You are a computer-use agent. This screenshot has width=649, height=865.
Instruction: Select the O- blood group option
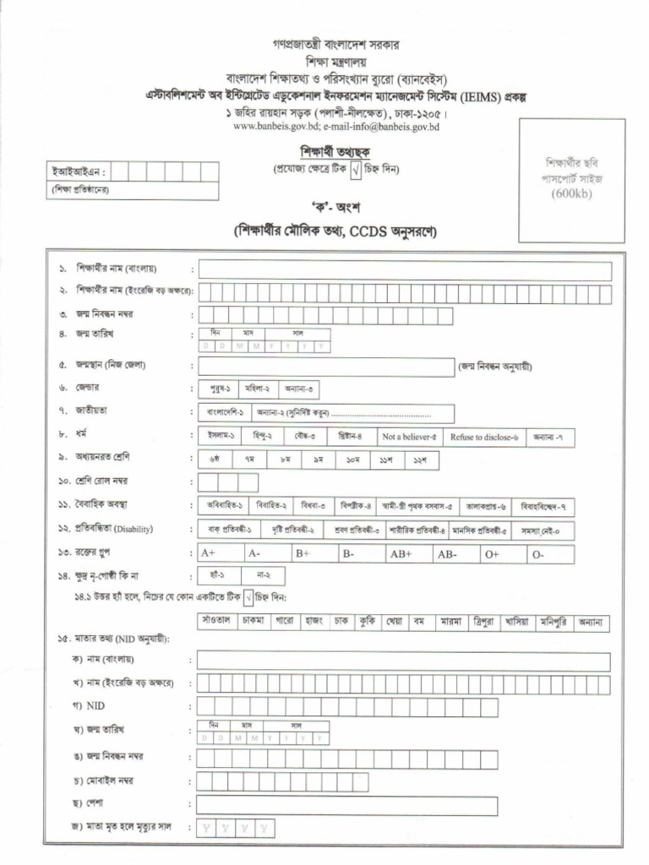click(551, 554)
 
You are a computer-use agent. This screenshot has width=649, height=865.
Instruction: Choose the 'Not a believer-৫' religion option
click(408, 437)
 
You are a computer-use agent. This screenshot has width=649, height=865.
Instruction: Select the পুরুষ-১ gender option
click(218, 390)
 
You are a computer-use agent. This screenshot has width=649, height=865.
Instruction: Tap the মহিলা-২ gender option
click(257, 390)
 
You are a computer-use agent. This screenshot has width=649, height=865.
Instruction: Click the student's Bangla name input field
click(404, 270)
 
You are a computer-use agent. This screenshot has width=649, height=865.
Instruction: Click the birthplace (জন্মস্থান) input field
click(326, 367)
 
